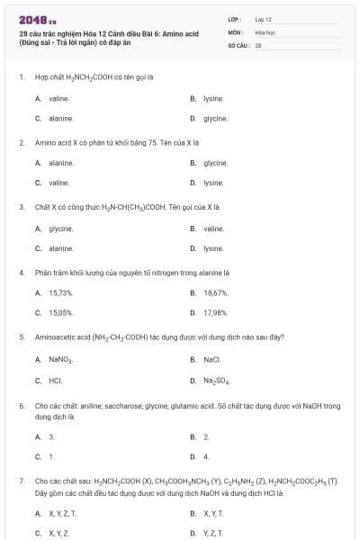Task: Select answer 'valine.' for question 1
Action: click(x=58, y=98)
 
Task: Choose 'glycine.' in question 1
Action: click(x=215, y=119)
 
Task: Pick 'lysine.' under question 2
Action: click(x=213, y=183)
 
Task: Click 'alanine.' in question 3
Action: click(x=60, y=248)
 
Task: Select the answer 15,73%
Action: click(x=60, y=292)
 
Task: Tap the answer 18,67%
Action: click(x=216, y=292)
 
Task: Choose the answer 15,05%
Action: click(x=60, y=313)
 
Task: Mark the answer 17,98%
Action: click(x=216, y=313)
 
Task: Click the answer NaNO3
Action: click(x=60, y=359)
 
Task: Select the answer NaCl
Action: click(x=212, y=359)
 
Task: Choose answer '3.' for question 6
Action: click(x=51, y=436)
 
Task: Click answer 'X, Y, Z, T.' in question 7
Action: click(x=62, y=513)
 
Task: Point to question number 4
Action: click(x=22, y=271)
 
